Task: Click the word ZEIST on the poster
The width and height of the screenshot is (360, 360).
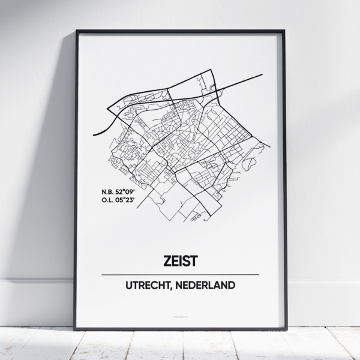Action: pyautogui.click(x=180, y=261)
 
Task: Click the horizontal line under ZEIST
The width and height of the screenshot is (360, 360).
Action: pyautogui.click(x=180, y=275)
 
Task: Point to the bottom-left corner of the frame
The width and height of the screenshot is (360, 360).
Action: pyautogui.click(x=76, y=329)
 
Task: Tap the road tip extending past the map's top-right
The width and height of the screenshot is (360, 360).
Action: pyautogui.click(x=262, y=74)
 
